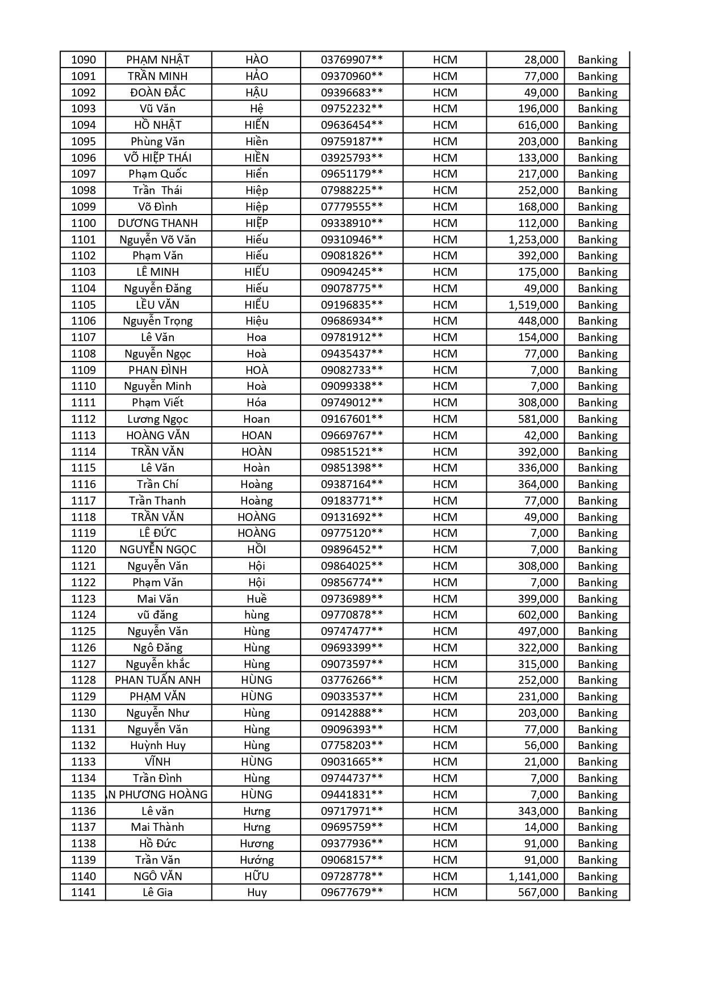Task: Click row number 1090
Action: point(84,60)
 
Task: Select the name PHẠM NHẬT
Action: point(158,60)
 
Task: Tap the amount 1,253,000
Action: point(533,239)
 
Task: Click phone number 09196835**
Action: point(352,305)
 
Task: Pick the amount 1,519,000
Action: point(533,305)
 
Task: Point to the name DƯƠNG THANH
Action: point(158,223)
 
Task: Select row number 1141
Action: point(84,892)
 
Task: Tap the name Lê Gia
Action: point(158,892)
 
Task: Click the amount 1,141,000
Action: point(533,876)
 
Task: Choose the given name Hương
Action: point(257,843)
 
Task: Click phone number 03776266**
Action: point(352,680)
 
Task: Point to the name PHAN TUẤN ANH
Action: point(158,680)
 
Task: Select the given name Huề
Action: point(257,599)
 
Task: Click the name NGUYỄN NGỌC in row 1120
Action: point(158,549)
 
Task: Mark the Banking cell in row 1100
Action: point(597,223)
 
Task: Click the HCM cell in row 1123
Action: point(445,599)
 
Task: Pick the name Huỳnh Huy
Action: point(158,745)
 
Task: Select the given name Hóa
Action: point(257,402)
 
